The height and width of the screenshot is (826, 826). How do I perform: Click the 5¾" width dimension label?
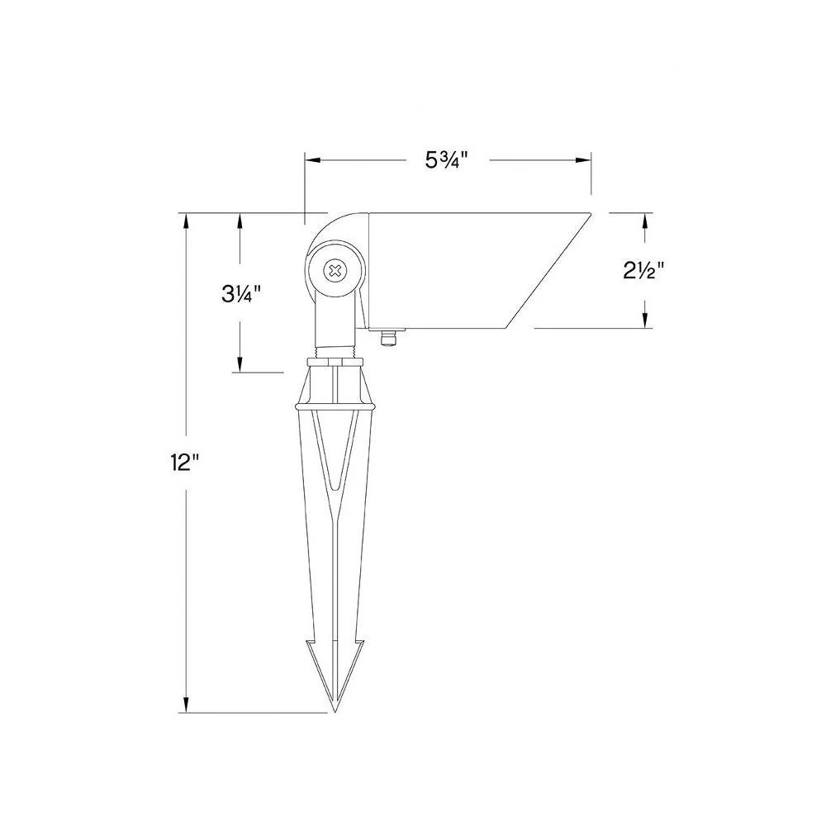pos(447,160)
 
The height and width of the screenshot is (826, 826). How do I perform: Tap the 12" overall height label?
pos(184,463)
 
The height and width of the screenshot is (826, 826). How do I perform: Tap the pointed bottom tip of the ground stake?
pos(335,711)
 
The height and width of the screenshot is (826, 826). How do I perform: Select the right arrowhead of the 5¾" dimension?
pos(583,160)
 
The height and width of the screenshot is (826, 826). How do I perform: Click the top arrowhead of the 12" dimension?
pos(186,221)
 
